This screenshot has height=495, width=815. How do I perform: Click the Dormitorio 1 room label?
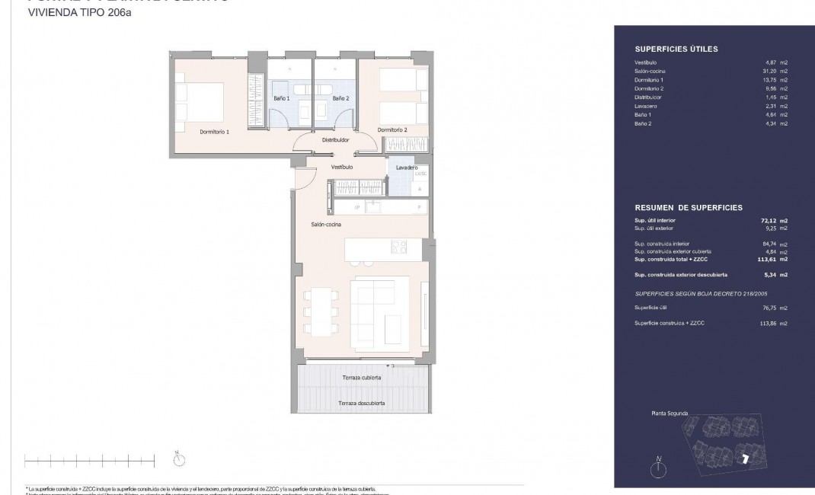click(215, 131)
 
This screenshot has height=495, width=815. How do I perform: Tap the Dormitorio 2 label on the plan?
click(392, 129)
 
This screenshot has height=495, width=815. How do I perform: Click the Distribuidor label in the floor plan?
click(335, 140)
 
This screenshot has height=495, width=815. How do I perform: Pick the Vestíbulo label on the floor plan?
click(342, 166)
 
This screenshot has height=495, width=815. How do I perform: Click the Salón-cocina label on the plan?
click(326, 225)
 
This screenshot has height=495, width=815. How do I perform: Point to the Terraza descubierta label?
click(362, 403)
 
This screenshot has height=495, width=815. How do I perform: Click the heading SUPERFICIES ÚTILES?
click(676, 49)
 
